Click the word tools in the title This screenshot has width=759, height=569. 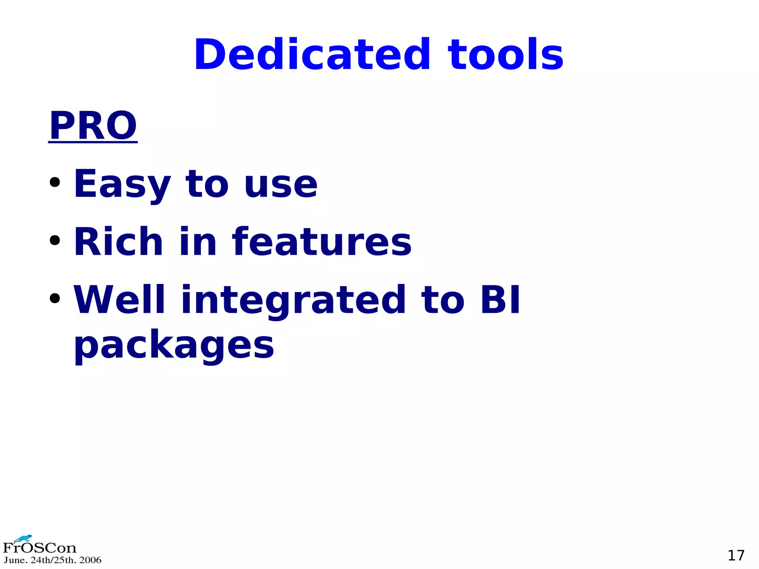[x=506, y=55]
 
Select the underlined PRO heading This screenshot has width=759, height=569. [x=93, y=126]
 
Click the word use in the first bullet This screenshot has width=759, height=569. [x=281, y=184]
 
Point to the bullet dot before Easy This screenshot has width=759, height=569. [x=55, y=182]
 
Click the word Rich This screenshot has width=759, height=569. [x=118, y=242]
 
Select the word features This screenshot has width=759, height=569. [x=322, y=242]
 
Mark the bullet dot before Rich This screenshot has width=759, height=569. [x=55, y=240]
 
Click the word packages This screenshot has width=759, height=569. [x=174, y=345]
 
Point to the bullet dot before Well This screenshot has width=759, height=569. [x=55, y=298]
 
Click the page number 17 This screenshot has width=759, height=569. [x=736, y=555]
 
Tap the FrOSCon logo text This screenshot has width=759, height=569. [x=40, y=548]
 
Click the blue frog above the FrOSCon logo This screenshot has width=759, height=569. [x=23, y=538]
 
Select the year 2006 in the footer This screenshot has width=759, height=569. [x=90, y=560]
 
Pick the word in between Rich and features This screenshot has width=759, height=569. [x=198, y=242]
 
